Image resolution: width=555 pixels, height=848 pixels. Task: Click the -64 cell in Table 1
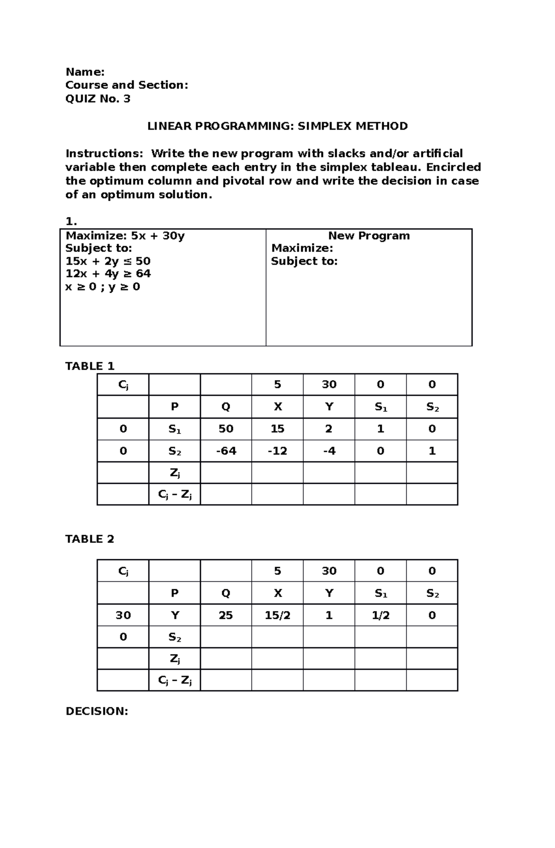point(226,451)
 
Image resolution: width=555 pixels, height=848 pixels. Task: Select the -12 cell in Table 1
point(277,451)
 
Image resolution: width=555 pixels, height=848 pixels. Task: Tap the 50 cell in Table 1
point(226,429)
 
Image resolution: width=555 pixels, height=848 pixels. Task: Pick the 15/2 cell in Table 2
point(277,615)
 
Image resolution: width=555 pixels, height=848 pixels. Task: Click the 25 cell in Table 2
point(226,615)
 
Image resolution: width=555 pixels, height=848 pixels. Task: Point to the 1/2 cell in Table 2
point(380,615)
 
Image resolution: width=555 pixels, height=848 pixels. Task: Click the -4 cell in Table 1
point(329,451)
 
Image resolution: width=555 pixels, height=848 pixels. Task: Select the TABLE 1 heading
point(90,366)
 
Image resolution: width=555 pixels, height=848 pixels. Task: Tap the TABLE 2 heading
point(90,539)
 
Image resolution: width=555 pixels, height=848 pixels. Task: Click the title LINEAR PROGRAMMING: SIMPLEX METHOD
point(277,126)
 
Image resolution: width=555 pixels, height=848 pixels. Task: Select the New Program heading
point(369,236)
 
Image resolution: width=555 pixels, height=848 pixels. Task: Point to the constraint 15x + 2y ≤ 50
point(108,261)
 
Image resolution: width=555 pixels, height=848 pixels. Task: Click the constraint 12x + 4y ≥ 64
point(108,274)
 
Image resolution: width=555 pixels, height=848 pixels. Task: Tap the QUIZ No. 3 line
point(98,98)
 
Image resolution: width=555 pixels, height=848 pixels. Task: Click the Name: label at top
point(85,72)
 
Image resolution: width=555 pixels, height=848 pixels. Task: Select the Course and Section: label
point(127,85)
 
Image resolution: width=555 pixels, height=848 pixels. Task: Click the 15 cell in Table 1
point(277,429)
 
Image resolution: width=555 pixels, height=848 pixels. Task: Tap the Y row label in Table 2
point(174,615)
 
